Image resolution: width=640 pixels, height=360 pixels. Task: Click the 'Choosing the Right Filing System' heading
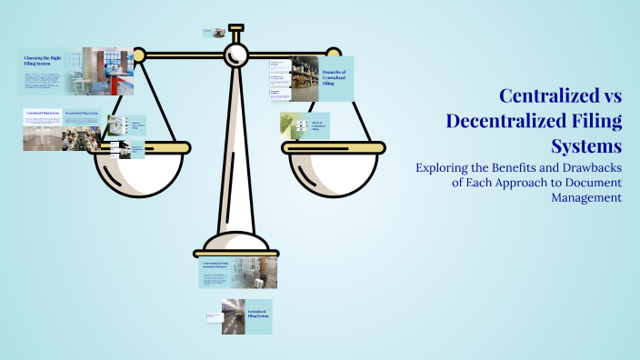tap(43, 61)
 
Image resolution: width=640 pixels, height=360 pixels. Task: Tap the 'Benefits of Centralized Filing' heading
tap(335, 76)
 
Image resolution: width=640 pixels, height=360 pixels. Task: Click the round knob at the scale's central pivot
tap(236, 55)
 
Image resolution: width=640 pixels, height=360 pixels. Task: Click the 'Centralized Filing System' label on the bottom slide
tap(258, 314)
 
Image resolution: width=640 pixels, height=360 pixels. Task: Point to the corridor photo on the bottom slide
tap(233, 315)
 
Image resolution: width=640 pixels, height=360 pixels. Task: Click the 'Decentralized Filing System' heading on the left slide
tap(82, 114)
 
